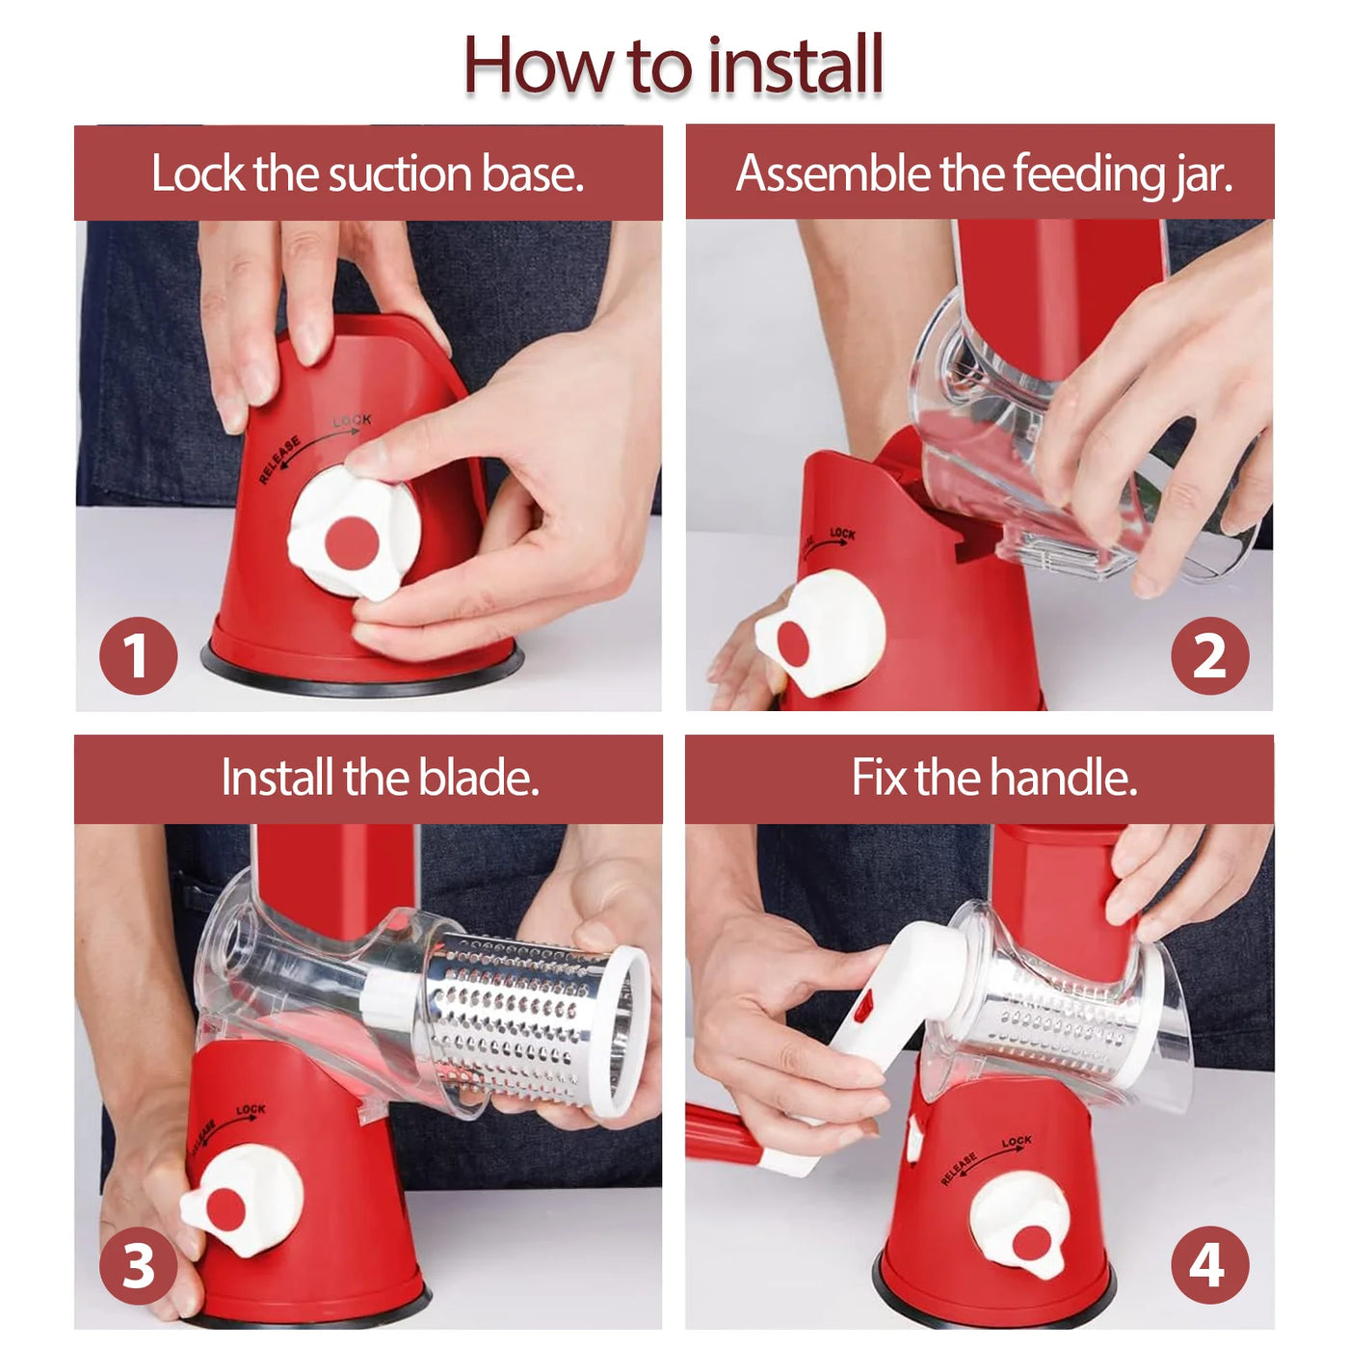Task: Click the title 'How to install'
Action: click(x=673, y=66)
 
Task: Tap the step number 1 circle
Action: click(x=138, y=655)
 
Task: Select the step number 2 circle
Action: click(x=1209, y=655)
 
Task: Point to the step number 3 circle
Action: click(x=138, y=1265)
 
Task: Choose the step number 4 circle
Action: click(x=1209, y=1265)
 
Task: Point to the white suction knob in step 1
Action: click(x=353, y=532)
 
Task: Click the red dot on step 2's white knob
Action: click(x=793, y=644)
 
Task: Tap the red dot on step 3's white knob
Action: click(x=225, y=1208)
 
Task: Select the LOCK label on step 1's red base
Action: click(x=352, y=421)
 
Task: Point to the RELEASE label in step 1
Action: click(x=279, y=460)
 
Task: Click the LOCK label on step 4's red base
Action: click(x=1016, y=1142)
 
